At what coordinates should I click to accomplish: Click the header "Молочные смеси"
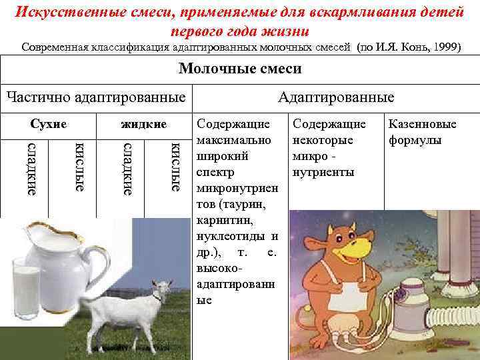point(240,69)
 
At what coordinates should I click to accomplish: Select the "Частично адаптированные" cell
point(95,98)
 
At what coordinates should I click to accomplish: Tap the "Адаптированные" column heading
point(336,98)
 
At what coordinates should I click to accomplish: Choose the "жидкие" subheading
point(143,124)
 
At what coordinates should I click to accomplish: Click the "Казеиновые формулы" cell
point(422,132)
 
